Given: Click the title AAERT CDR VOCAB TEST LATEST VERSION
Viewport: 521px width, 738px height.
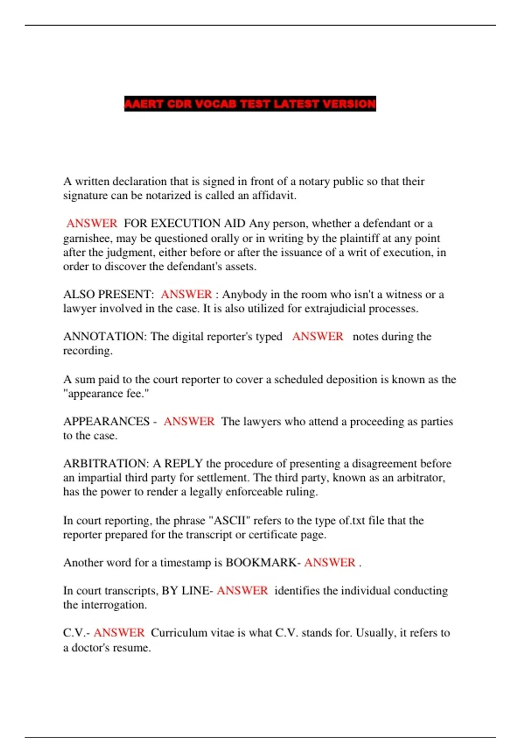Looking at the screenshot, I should [x=250, y=104].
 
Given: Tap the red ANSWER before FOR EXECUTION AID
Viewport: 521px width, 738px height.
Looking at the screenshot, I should [x=92, y=224].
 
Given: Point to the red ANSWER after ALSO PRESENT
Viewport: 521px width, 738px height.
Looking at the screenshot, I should [x=186, y=295].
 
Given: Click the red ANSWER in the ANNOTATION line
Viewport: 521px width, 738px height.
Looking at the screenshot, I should [x=317, y=337].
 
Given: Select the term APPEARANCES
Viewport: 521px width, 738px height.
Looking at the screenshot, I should [x=106, y=422].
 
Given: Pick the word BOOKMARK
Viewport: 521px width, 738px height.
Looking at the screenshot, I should [x=261, y=563].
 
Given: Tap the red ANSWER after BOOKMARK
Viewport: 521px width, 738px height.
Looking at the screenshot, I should [x=330, y=563].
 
